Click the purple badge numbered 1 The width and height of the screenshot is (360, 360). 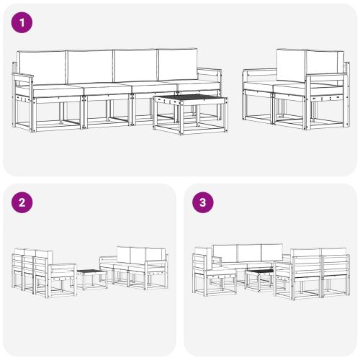pyautogui.click(x=23, y=22)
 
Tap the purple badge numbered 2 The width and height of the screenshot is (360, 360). pyautogui.click(x=23, y=202)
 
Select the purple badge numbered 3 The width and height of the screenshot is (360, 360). pyautogui.click(x=203, y=202)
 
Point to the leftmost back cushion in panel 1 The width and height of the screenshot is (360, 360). pyautogui.click(x=41, y=66)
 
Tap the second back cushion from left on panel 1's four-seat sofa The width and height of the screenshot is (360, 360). pyautogui.click(x=89, y=66)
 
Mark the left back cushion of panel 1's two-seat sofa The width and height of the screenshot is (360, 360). pyautogui.click(x=290, y=66)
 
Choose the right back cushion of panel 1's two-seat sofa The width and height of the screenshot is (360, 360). pyautogui.click(x=324, y=66)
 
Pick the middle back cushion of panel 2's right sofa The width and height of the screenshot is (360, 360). pyautogui.click(x=138, y=254)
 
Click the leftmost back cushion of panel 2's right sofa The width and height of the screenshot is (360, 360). pyautogui.click(x=122, y=254)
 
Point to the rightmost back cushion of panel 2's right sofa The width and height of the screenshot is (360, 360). pyautogui.click(x=156, y=254)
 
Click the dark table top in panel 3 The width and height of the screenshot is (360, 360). pyautogui.click(x=258, y=271)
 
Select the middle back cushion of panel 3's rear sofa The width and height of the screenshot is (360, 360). pyautogui.click(x=249, y=253)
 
